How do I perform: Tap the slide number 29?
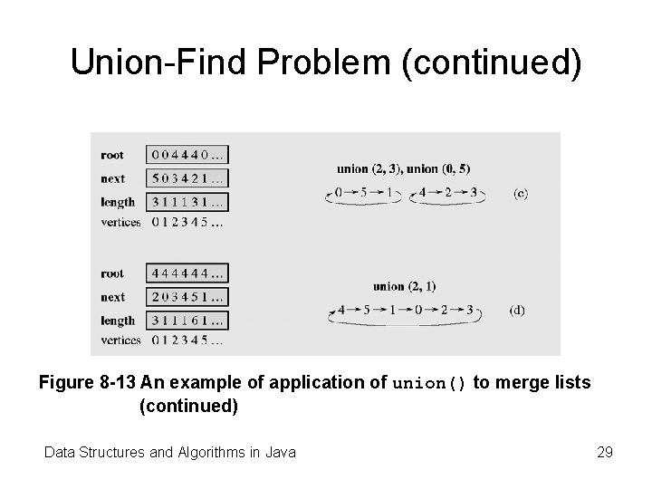click(x=605, y=451)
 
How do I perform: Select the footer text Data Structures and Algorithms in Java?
click(x=170, y=451)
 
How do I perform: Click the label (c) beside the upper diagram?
click(x=521, y=194)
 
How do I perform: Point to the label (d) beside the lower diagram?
click(x=516, y=310)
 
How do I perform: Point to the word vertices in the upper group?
click(x=120, y=222)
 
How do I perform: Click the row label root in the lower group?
click(x=113, y=273)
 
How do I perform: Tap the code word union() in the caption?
click(x=430, y=384)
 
